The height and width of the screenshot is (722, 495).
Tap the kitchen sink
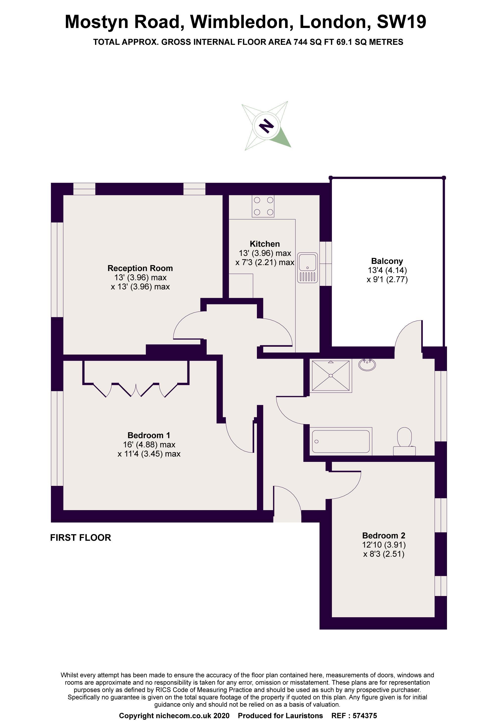click(308, 268)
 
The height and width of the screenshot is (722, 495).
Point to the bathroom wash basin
click(367, 364)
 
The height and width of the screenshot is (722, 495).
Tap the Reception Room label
click(140, 268)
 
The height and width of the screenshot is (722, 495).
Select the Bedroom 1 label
click(149, 435)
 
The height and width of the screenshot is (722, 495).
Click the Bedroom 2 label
click(384, 535)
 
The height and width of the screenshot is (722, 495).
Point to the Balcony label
click(387, 261)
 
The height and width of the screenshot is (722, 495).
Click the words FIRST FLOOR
click(80, 537)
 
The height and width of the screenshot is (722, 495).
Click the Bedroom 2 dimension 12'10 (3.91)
click(384, 545)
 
